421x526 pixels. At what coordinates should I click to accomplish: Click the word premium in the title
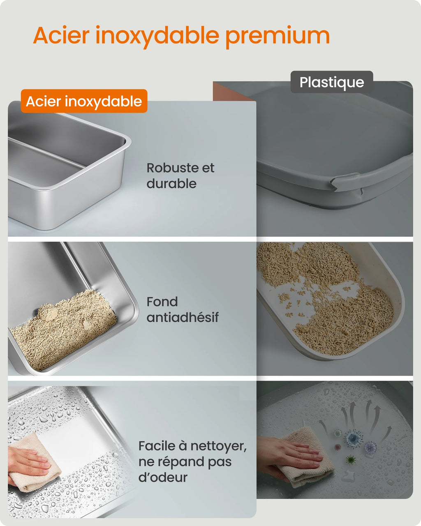click(x=278, y=36)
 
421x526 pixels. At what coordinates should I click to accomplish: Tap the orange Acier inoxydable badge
click(x=84, y=101)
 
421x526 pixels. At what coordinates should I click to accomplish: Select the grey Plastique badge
click(x=331, y=82)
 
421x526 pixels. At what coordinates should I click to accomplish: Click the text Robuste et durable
click(x=180, y=175)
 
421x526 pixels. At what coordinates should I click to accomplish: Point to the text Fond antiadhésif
click(x=182, y=309)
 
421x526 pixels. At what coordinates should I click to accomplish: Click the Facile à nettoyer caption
click(x=192, y=461)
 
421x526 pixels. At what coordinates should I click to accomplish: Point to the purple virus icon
click(x=371, y=447)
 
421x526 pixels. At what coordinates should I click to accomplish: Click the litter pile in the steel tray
click(x=64, y=329)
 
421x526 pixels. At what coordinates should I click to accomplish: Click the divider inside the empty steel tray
click(x=45, y=154)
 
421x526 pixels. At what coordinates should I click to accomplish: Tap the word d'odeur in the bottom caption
click(x=163, y=478)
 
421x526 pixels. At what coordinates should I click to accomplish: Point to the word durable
click(x=171, y=184)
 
